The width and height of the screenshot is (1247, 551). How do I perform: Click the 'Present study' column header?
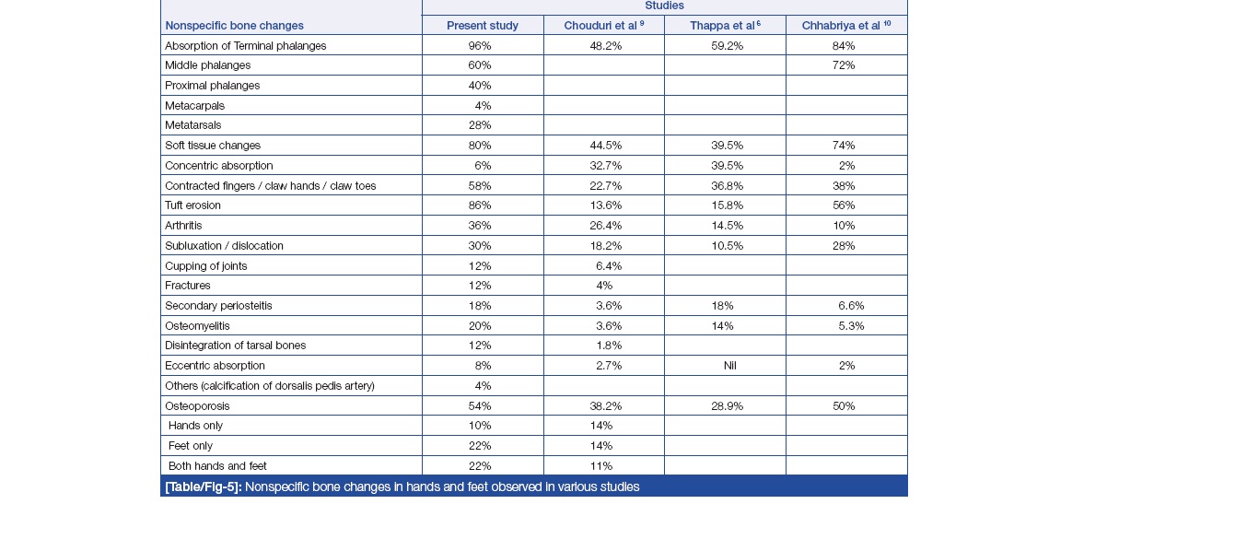tap(482, 26)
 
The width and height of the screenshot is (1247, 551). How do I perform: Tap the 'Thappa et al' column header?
tap(725, 26)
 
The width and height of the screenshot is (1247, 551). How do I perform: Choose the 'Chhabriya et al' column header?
tap(846, 26)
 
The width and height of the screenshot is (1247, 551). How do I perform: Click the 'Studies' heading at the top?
tap(664, 6)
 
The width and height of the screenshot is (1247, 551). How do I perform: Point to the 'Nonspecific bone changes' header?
tap(234, 26)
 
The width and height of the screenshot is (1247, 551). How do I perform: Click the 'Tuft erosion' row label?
tap(192, 205)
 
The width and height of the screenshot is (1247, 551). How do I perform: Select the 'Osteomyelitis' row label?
tap(197, 325)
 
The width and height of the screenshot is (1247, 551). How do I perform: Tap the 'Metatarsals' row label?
tap(192, 125)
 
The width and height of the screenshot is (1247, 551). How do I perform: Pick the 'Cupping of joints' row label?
tap(205, 265)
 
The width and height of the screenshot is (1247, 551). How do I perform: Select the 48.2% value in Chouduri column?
tap(606, 45)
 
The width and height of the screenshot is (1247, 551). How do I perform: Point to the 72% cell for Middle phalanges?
tap(843, 65)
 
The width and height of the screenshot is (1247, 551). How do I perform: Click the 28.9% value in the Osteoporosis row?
tap(728, 405)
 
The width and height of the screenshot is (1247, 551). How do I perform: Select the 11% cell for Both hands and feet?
tap(601, 466)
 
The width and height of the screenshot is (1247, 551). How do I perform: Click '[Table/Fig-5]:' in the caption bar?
tap(203, 487)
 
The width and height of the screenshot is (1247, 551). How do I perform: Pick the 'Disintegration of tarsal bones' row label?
tap(235, 346)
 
